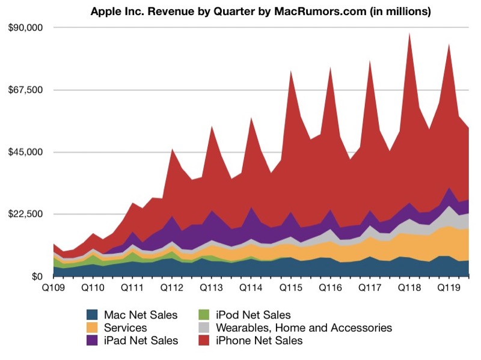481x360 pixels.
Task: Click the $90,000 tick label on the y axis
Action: pos(25,28)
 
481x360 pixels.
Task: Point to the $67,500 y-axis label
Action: pos(25,90)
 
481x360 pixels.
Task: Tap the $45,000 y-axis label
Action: pos(25,152)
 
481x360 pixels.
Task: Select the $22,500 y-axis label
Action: pos(25,214)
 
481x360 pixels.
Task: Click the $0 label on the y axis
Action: pos(37,276)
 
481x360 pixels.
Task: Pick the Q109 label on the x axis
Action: pos(54,288)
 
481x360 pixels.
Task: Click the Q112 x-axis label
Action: pos(172,288)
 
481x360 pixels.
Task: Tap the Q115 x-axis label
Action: pos(290,288)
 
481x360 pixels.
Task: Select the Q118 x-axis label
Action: pos(409,288)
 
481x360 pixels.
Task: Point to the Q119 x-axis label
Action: pos(449,288)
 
